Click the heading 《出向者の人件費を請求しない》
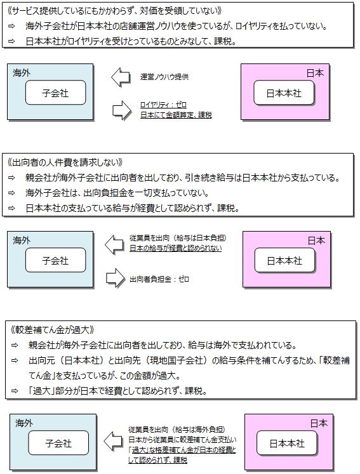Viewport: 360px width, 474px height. (65, 162)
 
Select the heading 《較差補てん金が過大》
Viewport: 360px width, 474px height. (52, 329)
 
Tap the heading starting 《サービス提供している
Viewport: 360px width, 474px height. (115, 11)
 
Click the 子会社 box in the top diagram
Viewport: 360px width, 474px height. (55, 93)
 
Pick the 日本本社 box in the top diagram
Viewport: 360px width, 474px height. (284, 93)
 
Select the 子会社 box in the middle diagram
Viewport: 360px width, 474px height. (55, 260)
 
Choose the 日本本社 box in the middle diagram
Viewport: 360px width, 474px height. (284, 260)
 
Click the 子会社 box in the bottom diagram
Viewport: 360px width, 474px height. (58, 443)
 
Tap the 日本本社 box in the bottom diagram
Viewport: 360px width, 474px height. (287, 443)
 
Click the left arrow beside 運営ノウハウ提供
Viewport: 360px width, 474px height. (121, 77)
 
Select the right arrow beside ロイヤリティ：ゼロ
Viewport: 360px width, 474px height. (122, 110)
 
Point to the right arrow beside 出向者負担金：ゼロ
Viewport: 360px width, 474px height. (116, 279)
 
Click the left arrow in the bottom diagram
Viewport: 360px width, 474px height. (113, 441)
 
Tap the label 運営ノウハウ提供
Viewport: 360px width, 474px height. (164, 77)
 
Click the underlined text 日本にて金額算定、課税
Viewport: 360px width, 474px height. (176, 115)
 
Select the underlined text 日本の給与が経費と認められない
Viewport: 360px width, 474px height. (175, 248)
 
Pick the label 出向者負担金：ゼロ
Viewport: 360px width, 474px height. (159, 279)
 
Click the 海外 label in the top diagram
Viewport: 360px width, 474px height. (22, 73)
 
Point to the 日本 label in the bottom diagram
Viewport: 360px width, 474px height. (319, 423)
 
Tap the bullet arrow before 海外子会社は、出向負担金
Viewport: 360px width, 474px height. (11, 193)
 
